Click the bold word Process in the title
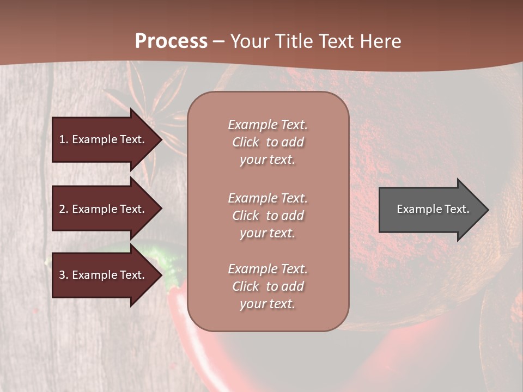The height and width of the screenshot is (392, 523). (x=171, y=41)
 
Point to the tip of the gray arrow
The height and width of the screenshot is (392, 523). (x=487, y=210)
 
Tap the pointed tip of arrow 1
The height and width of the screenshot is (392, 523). (x=161, y=139)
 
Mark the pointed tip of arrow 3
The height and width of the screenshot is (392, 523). (x=161, y=275)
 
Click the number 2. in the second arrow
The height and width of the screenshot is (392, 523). (x=63, y=209)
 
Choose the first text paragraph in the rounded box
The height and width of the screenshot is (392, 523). (x=267, y=142)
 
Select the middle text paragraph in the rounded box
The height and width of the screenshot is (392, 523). (x=267, y=216)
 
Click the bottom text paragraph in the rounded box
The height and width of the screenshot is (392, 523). (x=267, y=286)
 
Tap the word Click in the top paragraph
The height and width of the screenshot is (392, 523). (x=246, y=142)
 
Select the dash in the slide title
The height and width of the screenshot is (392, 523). (x=218, y=41)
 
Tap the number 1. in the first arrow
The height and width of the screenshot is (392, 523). (x=63, y=139)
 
